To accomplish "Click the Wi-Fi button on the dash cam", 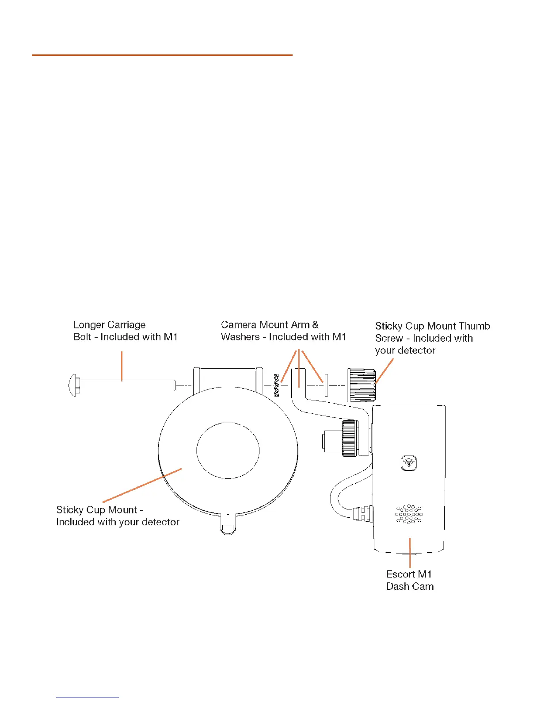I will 409,463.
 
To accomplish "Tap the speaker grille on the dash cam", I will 408,514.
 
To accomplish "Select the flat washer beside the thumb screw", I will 326,385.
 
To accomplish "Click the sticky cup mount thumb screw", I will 361,385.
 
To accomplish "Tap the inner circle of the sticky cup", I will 228,451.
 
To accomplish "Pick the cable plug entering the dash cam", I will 362,513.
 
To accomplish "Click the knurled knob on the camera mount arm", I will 349,438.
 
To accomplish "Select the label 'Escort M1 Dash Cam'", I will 409,580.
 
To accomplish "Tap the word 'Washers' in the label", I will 240,337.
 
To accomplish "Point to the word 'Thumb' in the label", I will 475,326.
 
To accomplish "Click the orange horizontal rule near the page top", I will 162,55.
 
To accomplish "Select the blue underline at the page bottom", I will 88,697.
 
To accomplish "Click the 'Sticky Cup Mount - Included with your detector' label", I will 118,516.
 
